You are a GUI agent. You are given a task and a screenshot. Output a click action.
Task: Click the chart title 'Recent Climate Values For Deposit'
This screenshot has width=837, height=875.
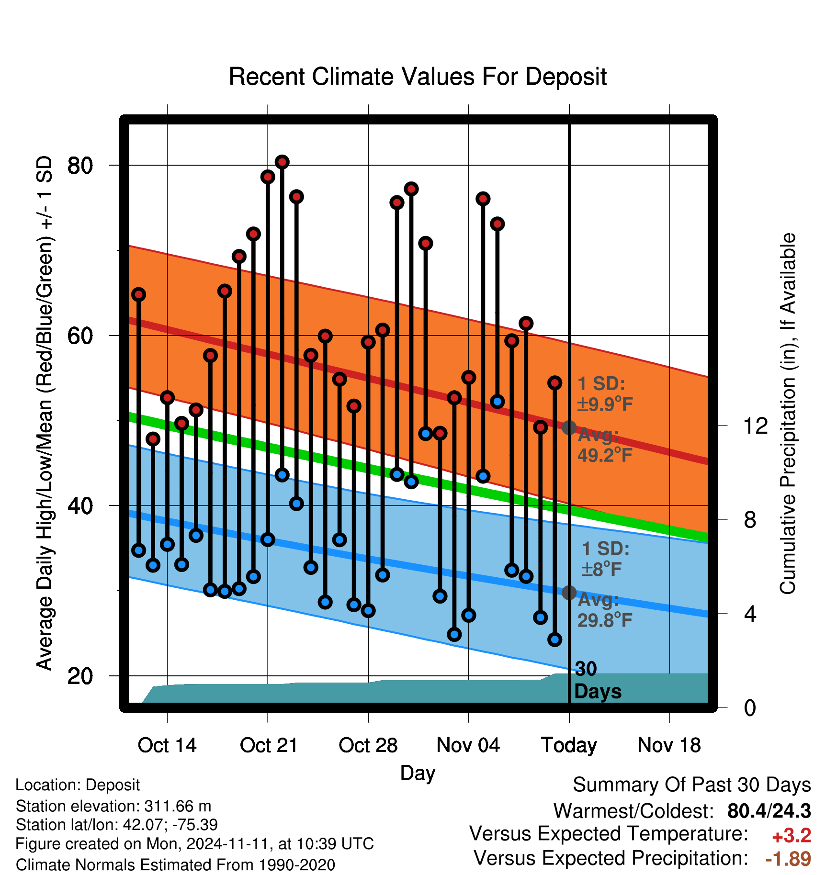point(418,77)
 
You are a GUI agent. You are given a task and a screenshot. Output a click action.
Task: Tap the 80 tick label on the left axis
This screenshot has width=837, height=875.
point(80,166)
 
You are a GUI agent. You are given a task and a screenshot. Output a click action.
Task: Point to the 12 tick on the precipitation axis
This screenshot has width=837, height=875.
point(755,426)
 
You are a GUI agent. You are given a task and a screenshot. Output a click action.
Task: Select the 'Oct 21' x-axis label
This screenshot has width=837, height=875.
point(269,745)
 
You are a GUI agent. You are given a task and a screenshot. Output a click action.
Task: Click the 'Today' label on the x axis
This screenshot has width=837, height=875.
point(569,746)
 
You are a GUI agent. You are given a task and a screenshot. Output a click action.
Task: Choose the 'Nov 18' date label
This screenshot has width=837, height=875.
point(669,745)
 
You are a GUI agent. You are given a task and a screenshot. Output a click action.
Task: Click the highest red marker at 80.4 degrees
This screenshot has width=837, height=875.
point(282,162)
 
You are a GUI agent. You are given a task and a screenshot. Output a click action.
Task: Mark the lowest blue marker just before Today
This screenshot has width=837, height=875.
point(554,639)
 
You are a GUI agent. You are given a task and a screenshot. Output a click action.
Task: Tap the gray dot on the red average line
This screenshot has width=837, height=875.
point(569,427)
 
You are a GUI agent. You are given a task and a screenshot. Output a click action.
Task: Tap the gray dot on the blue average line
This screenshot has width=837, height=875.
point(569,593)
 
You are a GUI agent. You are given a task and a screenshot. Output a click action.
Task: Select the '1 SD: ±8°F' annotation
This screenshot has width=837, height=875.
point(605,559)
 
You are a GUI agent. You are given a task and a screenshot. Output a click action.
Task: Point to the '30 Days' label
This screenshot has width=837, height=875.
point(598,680)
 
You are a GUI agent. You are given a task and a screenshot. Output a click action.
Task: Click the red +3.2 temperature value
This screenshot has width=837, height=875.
point(792,836)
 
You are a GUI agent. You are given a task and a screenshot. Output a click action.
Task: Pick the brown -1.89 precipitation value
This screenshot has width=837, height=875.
point(788,859)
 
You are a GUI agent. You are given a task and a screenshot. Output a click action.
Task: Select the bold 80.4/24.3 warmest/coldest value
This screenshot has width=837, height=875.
point(769,811)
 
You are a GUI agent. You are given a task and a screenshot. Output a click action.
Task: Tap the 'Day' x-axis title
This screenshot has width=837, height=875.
point(418,773)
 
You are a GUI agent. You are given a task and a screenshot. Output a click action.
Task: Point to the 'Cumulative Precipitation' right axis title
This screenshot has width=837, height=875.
point(788,414)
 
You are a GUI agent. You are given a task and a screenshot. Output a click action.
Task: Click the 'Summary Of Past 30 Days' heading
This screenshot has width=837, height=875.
point(692,785)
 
